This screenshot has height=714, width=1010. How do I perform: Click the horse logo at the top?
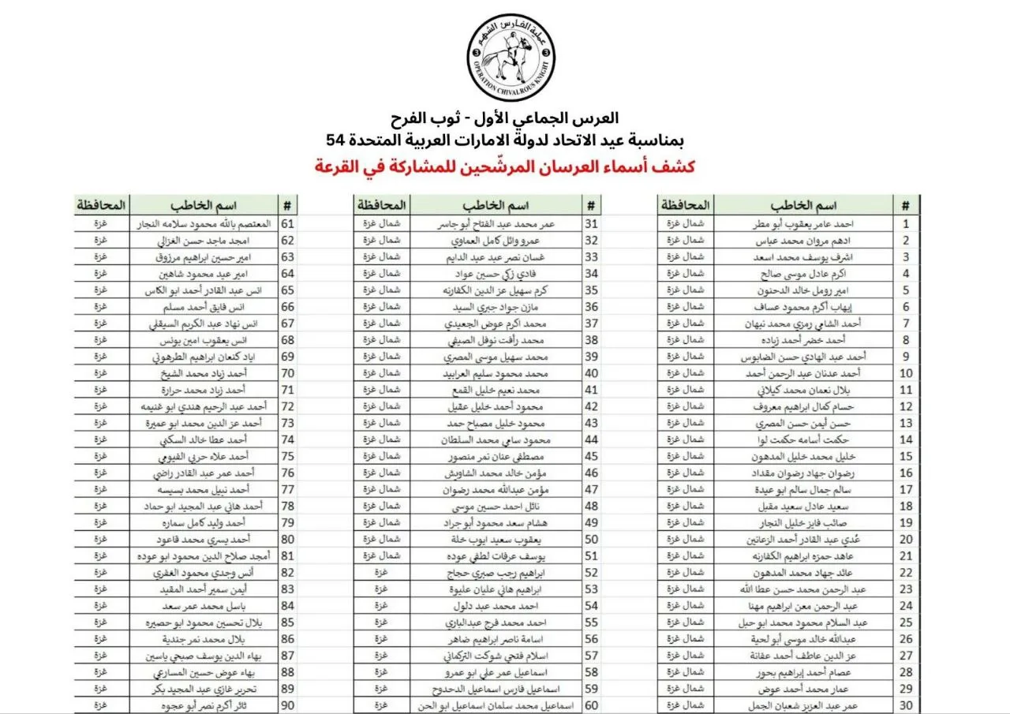click(510, 58)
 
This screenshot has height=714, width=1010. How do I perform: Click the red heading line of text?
click(505, 167)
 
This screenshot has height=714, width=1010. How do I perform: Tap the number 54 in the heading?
click(337, 140)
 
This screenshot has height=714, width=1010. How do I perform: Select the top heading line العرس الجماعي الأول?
click(505, 120)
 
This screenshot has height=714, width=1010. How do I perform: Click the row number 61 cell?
click(288, 224)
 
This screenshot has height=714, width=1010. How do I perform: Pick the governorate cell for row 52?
click(381, 572)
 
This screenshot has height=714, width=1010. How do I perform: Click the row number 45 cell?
click(591, 456)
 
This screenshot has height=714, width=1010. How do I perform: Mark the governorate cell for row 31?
click(381, 224)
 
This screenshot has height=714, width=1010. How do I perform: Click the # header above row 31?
click(591, 205)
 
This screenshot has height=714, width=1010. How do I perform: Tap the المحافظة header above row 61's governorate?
click(101, 205)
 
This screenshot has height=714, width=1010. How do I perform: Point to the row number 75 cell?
click(288, 456)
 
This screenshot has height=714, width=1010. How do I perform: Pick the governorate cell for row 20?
click(684, 539)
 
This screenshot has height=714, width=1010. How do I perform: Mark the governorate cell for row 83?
click(101, 589)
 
